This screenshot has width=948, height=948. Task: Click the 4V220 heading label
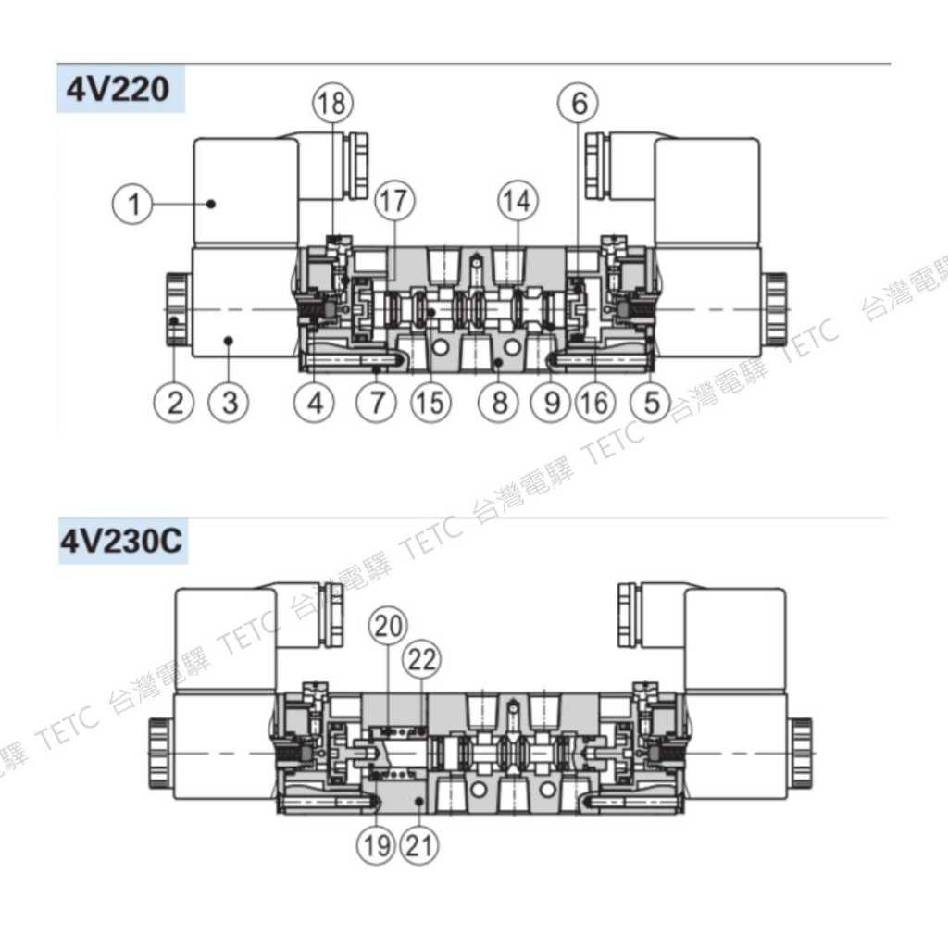coord(118,90)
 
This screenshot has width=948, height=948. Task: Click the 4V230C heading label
coord(121,541)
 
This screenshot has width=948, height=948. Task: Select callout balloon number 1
coord(133,204)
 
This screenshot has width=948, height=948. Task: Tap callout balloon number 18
coord(332,102)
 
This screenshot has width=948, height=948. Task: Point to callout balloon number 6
coord(579,102)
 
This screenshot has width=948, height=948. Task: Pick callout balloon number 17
coord(394,201)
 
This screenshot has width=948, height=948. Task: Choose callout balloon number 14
coord(518,201)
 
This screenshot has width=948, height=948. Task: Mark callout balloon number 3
coord(229,402)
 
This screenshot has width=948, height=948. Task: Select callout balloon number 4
coord(315,402)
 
